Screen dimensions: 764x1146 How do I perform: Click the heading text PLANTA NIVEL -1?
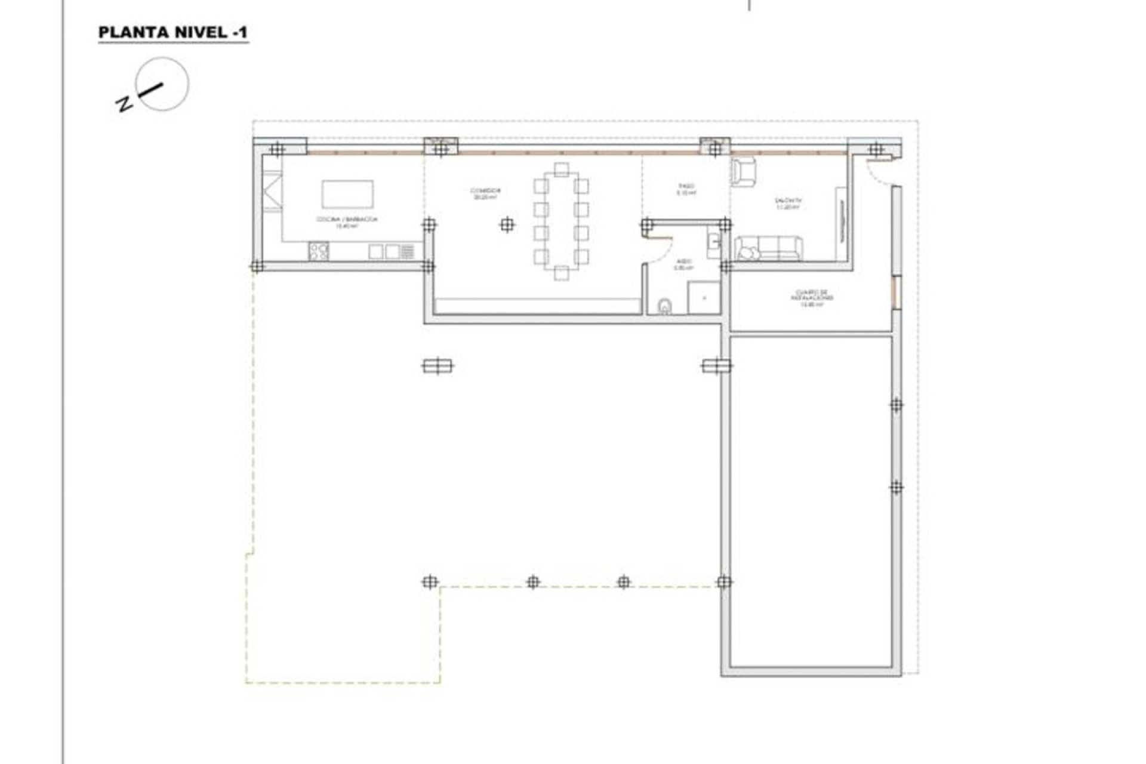[x=172, y=33]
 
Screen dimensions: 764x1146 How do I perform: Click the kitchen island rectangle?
[x=347, y=194]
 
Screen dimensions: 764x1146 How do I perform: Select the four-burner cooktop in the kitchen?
[x=319, y=251]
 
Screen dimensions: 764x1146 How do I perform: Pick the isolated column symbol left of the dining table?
[x=507, y=225]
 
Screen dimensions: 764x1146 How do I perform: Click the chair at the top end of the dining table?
[x=560, y=170]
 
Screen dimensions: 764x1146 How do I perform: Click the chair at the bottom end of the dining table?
[x=560, y=273]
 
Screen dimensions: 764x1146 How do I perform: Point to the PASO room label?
[x=686, y=190]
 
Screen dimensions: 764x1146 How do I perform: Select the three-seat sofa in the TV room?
[x=768, y=249]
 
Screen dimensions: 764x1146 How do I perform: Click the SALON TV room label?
[x=787, y=204]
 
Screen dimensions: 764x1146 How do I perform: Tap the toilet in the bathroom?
[x=664, y=307]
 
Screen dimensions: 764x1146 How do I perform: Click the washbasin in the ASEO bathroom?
[x=714, y=241]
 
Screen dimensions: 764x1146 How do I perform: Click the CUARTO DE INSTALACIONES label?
[x=812, y=298]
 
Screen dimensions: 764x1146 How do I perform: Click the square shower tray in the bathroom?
[x=704, y=298]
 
